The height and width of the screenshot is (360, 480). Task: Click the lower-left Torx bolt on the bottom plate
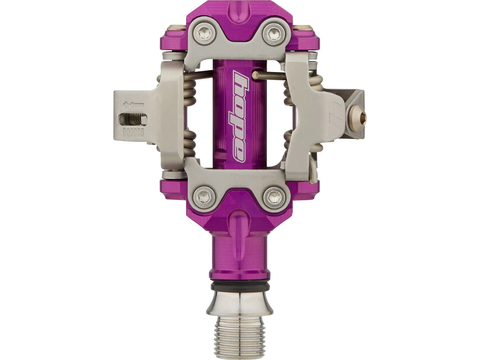(204, 196)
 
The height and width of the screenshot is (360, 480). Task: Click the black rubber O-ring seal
(240, 286)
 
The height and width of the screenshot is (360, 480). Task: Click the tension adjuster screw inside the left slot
(133, 120)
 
